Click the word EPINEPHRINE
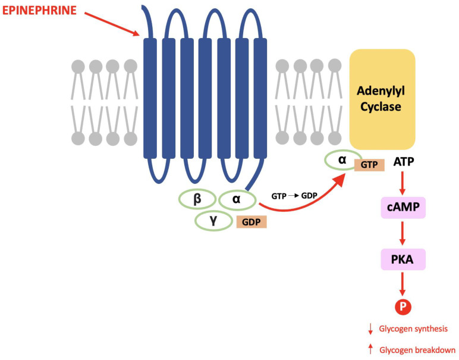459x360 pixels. tap(39, 10)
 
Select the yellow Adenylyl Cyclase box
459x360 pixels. tap(382, 99)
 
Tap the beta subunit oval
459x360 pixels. tap(197, 200)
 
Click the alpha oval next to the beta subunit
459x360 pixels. tap(237, 200)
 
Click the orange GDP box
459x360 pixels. tap(251, 222)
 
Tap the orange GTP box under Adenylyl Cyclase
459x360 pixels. tap(369, 165)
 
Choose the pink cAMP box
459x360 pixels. tap(403, 208)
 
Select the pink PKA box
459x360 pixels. tap(403, 259)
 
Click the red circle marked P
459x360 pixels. tap(403, 307)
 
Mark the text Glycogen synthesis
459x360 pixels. tap(413, 328)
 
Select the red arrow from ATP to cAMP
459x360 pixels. tap(403, 183)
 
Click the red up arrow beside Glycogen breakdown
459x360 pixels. tap(370, 349)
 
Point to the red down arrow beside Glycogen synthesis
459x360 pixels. tap(370, 328)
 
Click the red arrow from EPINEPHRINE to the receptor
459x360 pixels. tap(112, 24)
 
